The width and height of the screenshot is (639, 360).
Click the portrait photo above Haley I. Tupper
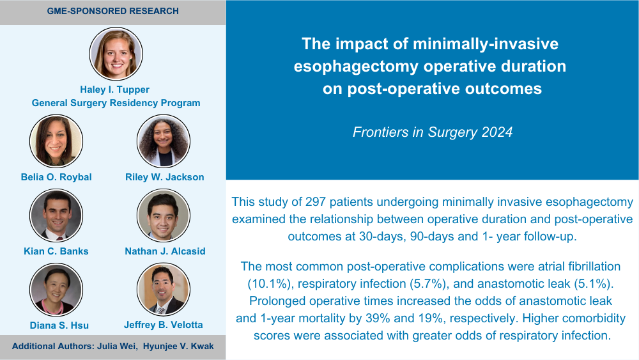coord(116,54)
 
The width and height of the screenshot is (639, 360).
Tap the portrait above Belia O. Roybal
coord(56,141)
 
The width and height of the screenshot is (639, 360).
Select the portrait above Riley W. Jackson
coord(164,141)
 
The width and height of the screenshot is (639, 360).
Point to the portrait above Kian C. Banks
coord(56,215)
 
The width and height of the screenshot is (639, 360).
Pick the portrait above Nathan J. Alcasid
coord(164,215)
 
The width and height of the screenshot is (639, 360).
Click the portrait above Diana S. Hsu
coord(56,290)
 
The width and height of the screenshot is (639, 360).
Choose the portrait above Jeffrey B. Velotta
coord(164,290)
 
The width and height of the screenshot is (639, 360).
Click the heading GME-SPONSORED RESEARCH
coord(113,11)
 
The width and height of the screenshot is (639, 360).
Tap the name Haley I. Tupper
coord(114,90)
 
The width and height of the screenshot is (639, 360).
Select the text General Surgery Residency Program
coord(116,103)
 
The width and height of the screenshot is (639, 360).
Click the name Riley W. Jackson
coord(165,177)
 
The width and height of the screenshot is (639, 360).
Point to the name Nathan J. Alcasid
coord(165,251)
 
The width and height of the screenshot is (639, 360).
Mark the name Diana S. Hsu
coord(59,325)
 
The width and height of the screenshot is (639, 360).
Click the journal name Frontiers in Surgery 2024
coord(433,132)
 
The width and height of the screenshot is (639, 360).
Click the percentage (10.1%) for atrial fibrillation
coord(269,284)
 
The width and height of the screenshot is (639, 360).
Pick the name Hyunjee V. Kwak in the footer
coord(178,346)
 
